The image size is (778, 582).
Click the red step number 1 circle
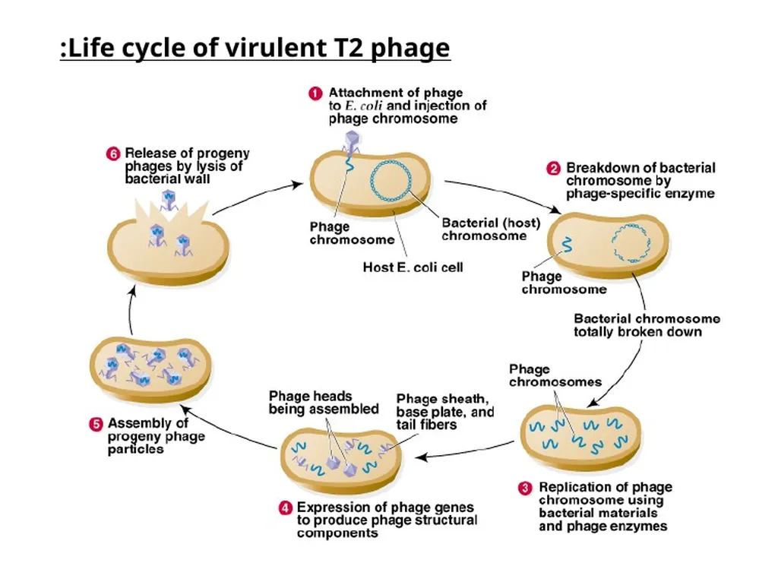(315, 93)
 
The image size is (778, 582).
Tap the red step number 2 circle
(553, 169)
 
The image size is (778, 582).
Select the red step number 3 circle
(525, 489)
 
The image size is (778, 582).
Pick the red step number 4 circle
(285, 508)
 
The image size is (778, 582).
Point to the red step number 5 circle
(96, 424)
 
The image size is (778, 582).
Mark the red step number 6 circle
(113, 153)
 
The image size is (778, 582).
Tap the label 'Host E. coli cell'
(413, 268)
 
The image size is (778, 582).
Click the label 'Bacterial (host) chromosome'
(491, 229)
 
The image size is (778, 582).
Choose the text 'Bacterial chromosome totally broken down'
(647, 325)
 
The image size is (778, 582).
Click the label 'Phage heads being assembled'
(324, 403)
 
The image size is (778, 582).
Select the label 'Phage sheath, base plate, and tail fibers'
(445, 412)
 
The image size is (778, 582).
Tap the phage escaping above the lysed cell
(168, 200)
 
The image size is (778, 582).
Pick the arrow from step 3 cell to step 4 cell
(465, 451)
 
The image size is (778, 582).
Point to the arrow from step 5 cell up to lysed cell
(130, 311)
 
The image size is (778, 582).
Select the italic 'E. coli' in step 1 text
(363, 106)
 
